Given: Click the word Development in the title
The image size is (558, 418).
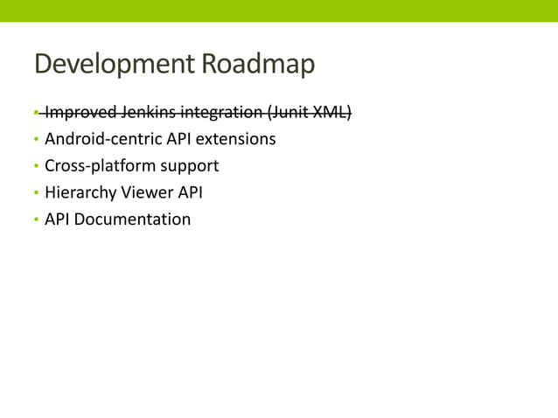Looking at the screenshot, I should coord(114,65).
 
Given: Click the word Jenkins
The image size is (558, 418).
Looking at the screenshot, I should coord(148,112).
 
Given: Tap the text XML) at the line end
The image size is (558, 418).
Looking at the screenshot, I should coord(334,112).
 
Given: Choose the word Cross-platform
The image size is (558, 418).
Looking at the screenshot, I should coord(99,165).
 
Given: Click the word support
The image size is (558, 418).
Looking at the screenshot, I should coord(188,166).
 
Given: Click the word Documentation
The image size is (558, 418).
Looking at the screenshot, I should coord(132,219).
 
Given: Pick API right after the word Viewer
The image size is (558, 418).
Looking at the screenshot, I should coord(190,192).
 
